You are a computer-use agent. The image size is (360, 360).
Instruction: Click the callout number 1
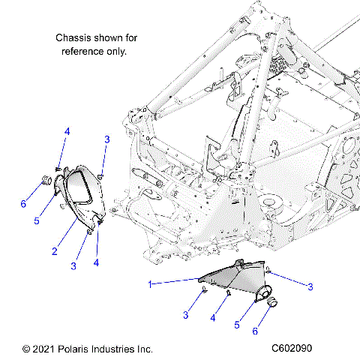(x=151, y=284)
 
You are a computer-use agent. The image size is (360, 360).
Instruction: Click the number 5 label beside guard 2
(x=36, y=221)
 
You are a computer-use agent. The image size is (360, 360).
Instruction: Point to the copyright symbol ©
(x=27, y=349)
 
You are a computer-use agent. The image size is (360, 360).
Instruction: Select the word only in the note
(x=116, y=51)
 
